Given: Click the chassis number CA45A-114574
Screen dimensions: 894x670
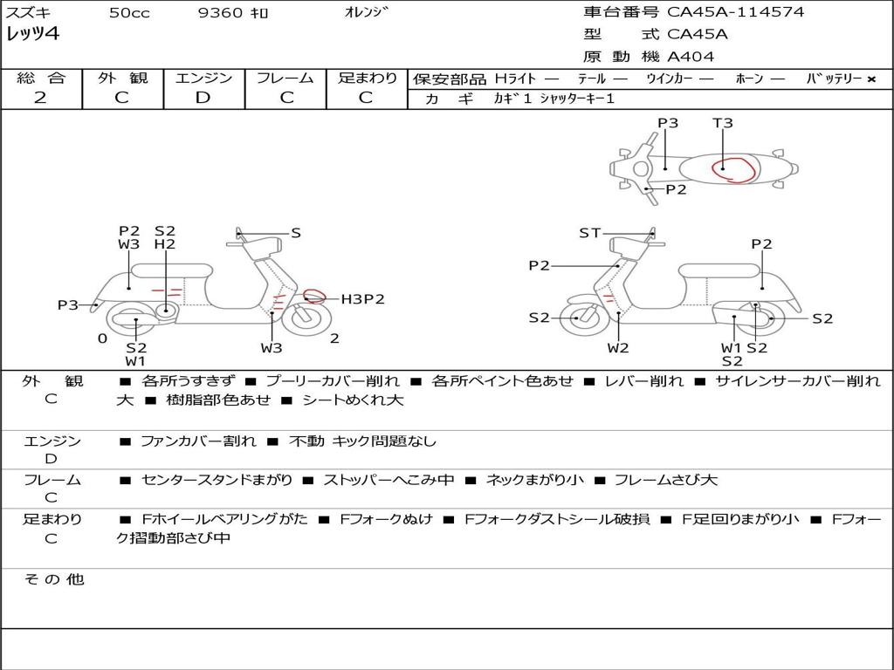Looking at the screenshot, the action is point(735,12).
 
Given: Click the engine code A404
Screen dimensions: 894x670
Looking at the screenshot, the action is point(691,57).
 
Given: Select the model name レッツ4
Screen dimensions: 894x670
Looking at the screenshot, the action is point(32,34).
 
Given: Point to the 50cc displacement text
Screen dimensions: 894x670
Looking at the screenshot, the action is point(129,13).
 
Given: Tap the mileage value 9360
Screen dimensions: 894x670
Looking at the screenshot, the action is point(220,13).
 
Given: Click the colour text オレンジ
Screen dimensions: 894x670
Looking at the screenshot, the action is point(366,12).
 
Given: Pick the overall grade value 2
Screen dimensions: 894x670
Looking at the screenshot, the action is point(40,98).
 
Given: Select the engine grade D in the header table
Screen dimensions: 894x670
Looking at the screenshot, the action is point(203,98).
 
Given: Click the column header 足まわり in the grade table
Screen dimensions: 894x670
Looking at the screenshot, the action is point(367,78).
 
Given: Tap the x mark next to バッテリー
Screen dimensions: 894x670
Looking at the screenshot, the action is point(871,79).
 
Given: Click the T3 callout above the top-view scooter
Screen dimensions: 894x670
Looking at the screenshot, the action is point(722,123).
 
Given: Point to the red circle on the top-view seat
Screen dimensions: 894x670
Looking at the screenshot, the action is point(736,170).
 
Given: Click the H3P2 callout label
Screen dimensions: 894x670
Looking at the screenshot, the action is point(362,299).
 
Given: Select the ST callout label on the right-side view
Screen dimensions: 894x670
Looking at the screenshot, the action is point(589,233).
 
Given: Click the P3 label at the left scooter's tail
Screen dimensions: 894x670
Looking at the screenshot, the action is point(68,305).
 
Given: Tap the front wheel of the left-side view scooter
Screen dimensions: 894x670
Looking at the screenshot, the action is point(306,318).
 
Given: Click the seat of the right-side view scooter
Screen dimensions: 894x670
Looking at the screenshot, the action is point(720,270).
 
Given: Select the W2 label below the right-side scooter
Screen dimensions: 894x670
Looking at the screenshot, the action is point(617,348).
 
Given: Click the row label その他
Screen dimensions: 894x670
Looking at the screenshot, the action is point(54,579).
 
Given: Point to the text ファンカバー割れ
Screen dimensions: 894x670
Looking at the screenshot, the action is point(198,441).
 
